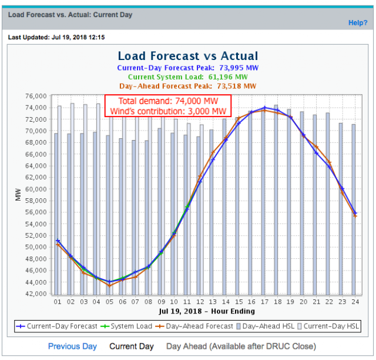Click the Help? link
pyautogui.click(x=358, y=23)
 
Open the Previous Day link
pyautogui.click(x=72, y=346)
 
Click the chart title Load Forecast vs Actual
pyautogui.click(x=188, y=56)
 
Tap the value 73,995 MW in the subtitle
pyautogui.click(x=239, y=68)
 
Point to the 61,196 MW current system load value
pyautogui.click(x=228, y=77)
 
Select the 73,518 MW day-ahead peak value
pyautogui.click(x=237, y=86)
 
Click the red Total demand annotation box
pyautogui.click(x=168, y=106)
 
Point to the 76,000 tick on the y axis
pyautogui.click(x=36, y=96)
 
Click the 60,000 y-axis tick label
pyautogui.click(x=36, y=189)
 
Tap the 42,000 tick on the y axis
pyautogui.click(x=36, y=294)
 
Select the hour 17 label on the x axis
pyautogui.click(x=264, y=302)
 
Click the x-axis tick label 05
pyautogui.click(x=109, y=302)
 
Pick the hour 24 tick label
pyautogui.click(x=355, y=302)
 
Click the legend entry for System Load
pyautogui.click(x=126, y=326)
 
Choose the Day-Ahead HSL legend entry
pyautogui.click(x=266, y=326)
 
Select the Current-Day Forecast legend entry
pyautogui.click(x=56, y=326)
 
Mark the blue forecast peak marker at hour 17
pyautogui.click(x=264, y=108)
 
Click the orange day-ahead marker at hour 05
pyautogui.click(x=109, y=286)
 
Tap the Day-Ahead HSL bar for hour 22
pyautogui.click(x=328, y=204)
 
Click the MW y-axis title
pyautogui.click(x=18, y=195)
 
